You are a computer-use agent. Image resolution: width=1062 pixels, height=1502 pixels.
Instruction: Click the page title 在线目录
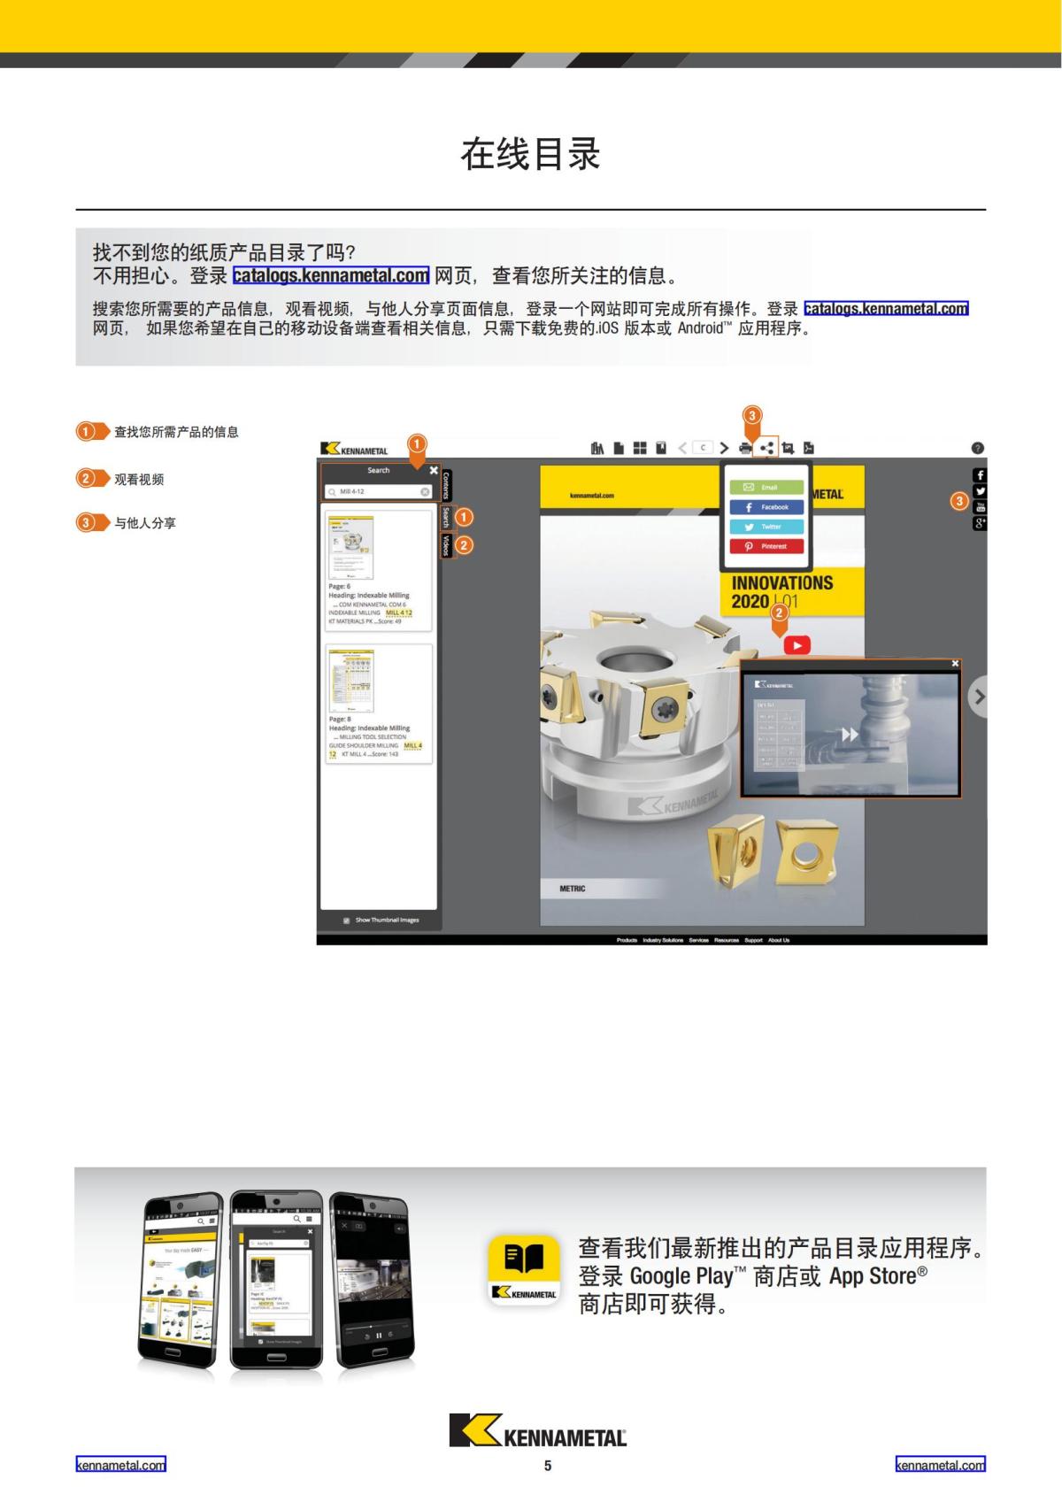(530, 154)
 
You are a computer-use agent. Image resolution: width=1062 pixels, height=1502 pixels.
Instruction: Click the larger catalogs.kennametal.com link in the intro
(330, 275)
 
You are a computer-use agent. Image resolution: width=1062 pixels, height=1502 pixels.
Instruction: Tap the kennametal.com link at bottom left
(120, 1465)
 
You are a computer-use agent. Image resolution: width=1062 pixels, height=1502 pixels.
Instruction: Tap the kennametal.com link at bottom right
(940, 1465)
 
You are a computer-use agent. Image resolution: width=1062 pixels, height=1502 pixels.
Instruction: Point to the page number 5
(548, 1466)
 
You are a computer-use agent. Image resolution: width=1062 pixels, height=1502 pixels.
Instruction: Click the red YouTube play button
(796, 645)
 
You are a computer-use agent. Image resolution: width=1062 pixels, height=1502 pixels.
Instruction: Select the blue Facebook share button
(766, 507)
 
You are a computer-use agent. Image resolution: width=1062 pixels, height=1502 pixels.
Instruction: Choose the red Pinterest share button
(766, 546)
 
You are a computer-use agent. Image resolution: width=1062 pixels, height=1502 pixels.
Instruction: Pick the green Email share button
(766, 487)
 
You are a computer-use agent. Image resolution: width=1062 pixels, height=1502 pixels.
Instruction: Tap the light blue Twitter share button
(766, 527)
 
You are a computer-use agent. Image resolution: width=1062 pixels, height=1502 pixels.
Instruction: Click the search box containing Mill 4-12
(377, 491)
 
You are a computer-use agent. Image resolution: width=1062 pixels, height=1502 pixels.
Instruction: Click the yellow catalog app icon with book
(524, 1269)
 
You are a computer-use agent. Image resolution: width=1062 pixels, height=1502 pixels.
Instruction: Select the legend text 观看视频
(139, 479)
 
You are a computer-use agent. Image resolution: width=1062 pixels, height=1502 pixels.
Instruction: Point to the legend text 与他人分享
(145, 523)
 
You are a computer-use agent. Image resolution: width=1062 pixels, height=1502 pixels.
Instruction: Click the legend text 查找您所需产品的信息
(176, 432)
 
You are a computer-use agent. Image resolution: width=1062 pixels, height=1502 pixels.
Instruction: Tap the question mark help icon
(977, 448)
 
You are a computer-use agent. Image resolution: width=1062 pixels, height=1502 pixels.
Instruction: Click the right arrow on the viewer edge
(978, 697)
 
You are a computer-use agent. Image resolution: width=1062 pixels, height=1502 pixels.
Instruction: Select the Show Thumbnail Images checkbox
(346, 920)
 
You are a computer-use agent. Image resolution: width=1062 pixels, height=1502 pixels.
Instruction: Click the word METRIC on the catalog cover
(572, 889)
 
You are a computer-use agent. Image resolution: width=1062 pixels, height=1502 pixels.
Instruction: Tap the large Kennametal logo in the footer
(537, 1430)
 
